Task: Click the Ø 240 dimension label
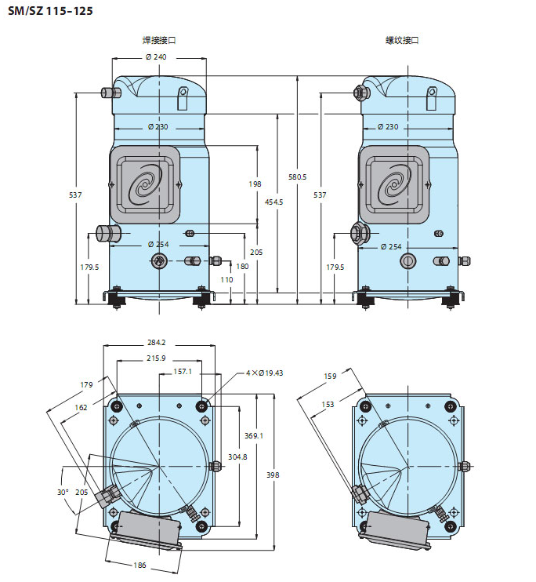click(x=156, y=56)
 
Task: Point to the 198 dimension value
click(x=255, y=184)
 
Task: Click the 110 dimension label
click(x=226, y=280)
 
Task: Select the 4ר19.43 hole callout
click(x=263, y=373)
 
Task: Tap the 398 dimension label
click(x=271, y=475)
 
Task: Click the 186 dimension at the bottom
click(x=139, y=565)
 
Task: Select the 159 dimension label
click(x=330, y=376)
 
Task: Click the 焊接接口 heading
click(x=158, y=40)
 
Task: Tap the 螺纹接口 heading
click(x=401, y=40)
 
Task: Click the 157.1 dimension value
click(x=183, y=372)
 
